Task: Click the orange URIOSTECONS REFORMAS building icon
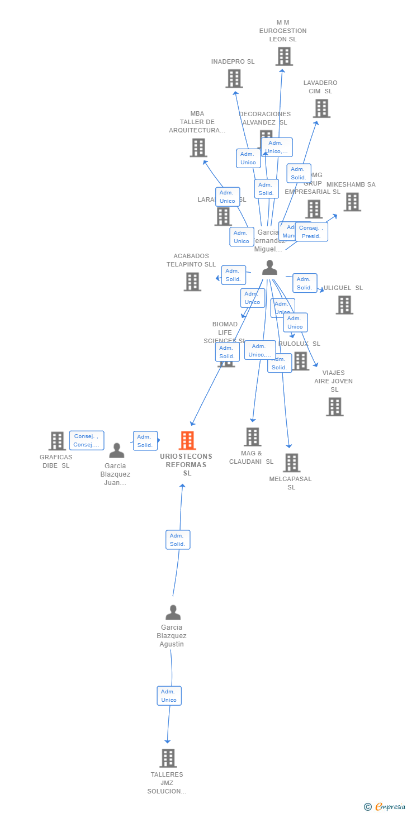187,440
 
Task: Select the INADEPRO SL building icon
234,79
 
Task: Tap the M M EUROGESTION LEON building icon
284,56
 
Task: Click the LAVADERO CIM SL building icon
321,108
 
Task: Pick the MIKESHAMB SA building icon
352,202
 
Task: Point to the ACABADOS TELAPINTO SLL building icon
192,282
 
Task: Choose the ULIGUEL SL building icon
344,305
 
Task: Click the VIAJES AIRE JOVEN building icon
334,407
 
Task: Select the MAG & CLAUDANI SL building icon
253,437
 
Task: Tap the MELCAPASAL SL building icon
291,463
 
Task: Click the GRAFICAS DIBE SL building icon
57,441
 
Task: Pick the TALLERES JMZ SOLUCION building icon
168,758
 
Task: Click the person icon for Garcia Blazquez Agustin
173,612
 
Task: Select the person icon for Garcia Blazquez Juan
116,450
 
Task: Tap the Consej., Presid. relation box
311,232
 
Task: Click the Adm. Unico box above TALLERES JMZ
169,696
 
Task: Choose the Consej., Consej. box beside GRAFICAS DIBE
87,440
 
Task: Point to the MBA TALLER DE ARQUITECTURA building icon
198,148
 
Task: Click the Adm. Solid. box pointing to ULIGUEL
305,283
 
